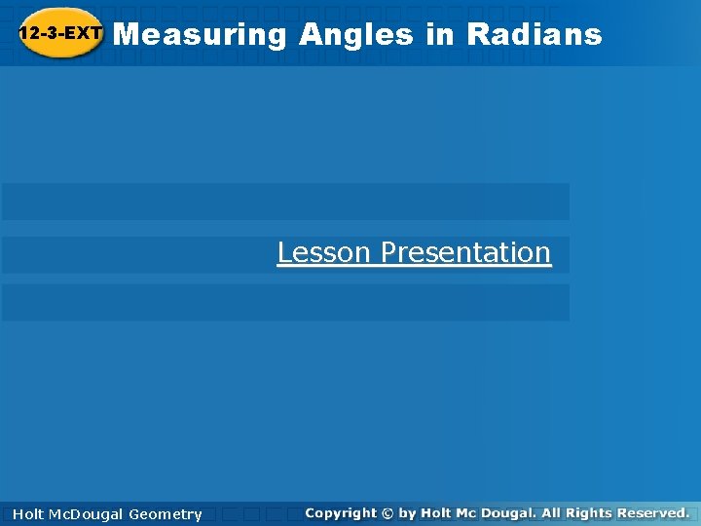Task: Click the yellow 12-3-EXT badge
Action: [60, 34]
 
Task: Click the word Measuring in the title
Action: [200, 35]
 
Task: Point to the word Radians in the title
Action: [535, 35]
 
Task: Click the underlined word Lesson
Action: [324, 252]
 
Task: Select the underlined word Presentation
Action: [465, 252]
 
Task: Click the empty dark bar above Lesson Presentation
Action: [285, 202]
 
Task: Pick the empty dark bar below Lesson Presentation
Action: [285, 303]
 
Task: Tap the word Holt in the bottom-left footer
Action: [30, 514]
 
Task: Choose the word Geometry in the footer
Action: [166, 514]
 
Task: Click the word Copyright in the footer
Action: [340, 512]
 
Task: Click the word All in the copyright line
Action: [564, 512]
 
